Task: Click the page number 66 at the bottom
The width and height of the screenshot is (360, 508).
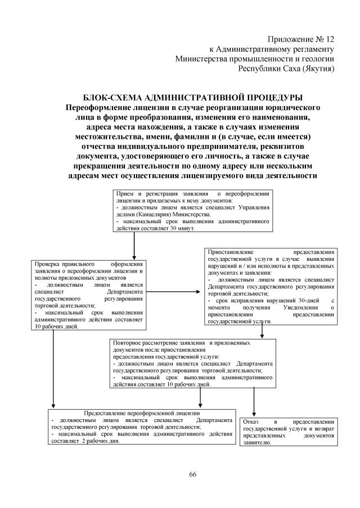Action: [192, 475]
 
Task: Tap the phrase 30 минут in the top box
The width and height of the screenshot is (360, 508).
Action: [181, 229]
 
